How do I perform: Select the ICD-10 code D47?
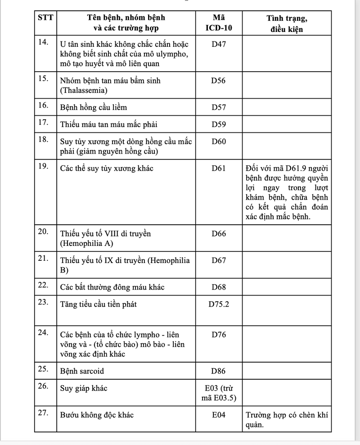219,45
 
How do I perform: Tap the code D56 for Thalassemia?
219,81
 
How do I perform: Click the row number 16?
43,106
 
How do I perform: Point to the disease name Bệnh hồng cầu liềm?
93,108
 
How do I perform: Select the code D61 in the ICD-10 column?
219,168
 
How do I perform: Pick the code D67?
219,260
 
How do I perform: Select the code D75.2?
219,304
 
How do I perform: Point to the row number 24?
43,333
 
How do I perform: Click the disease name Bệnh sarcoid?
85,372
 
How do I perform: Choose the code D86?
219,372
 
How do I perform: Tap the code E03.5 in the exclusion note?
225,398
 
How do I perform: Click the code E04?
219,415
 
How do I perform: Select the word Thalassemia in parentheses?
83,91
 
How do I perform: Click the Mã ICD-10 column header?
219,23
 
